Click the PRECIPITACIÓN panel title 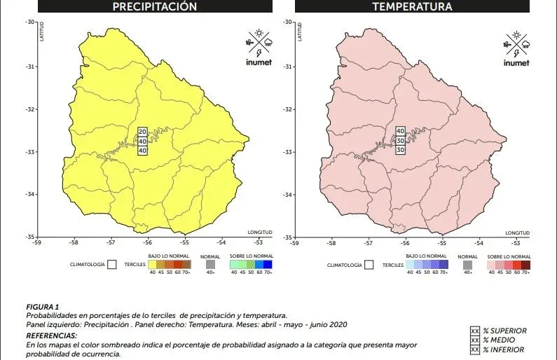pyautogui.click(x=155, y=7)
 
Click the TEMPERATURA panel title pyautogui.click(x=412, y=7)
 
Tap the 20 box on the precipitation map pyautogui.click(x=142, y=132)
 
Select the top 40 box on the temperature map pyautogui.click(x=401, y=131)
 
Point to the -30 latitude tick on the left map pyautogui.click(x=30, y=22)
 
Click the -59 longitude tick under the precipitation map pyautogui.click(x=36, y=244)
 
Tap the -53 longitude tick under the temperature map pyautogui.click(x=516, y=244)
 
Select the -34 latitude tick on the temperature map pyautogui.click(x=287, y=195)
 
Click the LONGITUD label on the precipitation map pyautogui.click(x=259, y=232)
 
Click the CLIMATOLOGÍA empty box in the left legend pyautogui.click(x=111, y=265)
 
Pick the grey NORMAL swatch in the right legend pyautogui.click(x=467, y=265)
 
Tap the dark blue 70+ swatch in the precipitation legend pyautogui.click(x=268, y=265)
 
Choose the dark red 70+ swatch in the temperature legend pyautogui.click(x=525, y=265)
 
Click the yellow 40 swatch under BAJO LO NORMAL pyautogui.click(x=153, y=265)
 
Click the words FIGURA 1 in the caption pyautogui.click(x=42, y=307)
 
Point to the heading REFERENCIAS pyautogui.click(x=53, y=336)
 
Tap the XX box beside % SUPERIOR pyautogui.click(x=475, y=331)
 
